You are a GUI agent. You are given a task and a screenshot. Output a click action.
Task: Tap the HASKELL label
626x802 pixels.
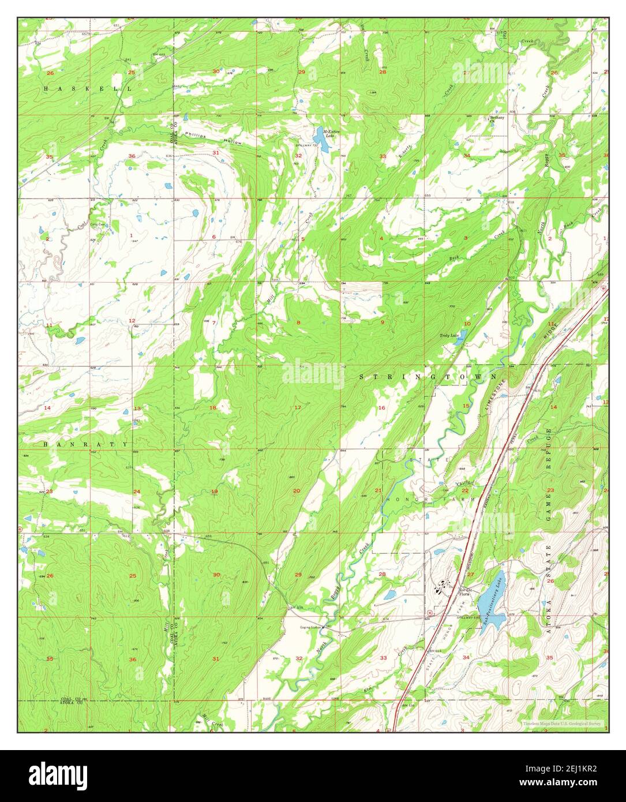(x=87, y=89)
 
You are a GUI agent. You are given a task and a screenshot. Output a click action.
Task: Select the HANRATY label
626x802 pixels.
(x=86, y=444)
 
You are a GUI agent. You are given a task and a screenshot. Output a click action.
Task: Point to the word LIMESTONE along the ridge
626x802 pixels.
(x=496, y=392)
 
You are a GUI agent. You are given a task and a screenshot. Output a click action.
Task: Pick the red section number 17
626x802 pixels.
(x=298, y=408)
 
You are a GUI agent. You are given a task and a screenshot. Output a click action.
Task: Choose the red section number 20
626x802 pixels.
(x=297, y=491)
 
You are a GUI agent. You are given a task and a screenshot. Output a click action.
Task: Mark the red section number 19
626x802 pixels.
(x=214, y=492)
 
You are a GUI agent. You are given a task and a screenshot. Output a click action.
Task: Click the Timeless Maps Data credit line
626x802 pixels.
(x=561, y=723)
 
